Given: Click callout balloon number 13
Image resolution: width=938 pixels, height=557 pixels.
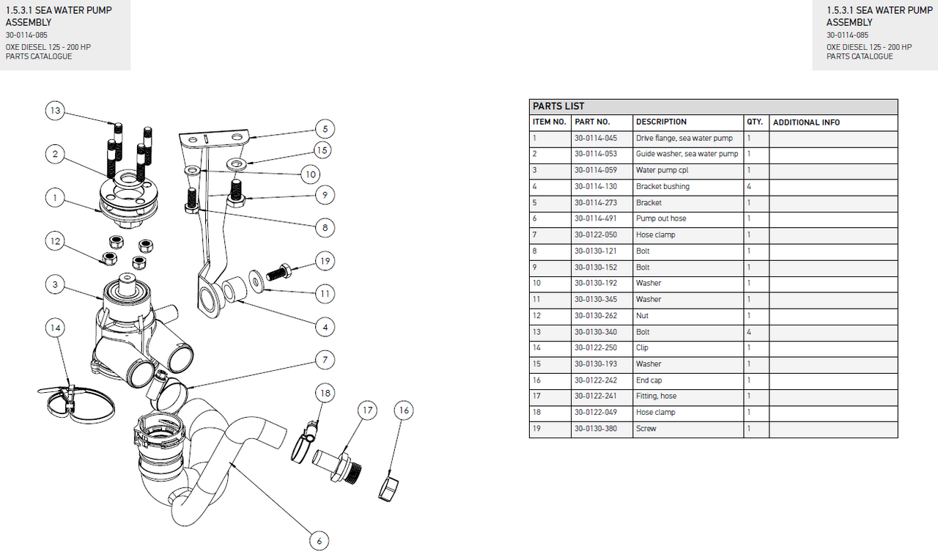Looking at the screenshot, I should click(55, 111).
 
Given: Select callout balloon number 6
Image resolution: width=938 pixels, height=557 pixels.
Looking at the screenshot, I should click(318, 541).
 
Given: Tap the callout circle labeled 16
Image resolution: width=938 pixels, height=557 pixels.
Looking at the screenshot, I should click(404, 410).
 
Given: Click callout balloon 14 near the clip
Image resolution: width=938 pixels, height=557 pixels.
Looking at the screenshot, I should click(55, 328).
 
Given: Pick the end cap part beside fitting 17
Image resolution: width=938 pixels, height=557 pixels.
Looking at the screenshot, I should click(388, 487).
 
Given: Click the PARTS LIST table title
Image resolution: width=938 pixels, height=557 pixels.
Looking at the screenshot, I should click(558, 106).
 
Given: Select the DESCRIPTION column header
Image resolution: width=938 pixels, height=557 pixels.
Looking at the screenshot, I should click(661, 122).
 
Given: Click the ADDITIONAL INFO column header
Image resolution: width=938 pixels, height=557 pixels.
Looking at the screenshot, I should click(806, 122).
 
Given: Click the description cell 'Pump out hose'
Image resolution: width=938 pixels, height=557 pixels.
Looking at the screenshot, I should click(661, 218).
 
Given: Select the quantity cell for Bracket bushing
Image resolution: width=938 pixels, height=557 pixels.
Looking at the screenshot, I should click(749, 186).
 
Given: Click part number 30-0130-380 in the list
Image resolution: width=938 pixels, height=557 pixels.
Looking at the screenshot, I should click(595, 429).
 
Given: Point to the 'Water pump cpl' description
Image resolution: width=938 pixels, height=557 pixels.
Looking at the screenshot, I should click(662, 170).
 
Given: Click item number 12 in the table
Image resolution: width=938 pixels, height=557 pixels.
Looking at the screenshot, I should click(536, 316).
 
